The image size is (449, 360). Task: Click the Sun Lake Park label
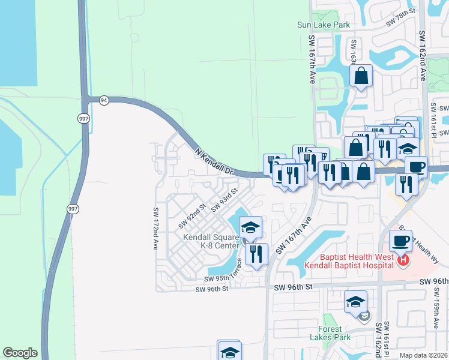pos(324,25)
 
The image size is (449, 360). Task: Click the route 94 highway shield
pos(104,100)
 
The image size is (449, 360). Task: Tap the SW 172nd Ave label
pos(155,229)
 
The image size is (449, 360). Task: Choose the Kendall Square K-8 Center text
pos(211,241)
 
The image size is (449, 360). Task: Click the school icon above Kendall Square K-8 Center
pos(250,227)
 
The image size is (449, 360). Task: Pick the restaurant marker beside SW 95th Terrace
pos(256,253)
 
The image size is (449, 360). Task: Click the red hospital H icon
pos(404,260)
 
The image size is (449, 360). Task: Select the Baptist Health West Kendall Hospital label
pos(350,260)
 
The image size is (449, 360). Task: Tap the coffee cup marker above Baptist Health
pos(400,241)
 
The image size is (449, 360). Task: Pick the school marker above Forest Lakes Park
pos(355,301)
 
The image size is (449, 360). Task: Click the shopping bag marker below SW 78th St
pos(361,76)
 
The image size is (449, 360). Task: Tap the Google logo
pos(20,353)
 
